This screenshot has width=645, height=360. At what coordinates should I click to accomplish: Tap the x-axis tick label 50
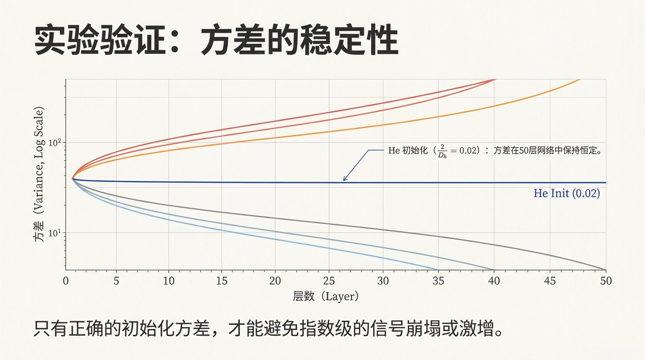(x=606, y=281)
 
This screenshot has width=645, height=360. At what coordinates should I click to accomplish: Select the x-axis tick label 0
(x=66, y=281)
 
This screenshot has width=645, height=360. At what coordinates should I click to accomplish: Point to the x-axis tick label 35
(x=439, y=281)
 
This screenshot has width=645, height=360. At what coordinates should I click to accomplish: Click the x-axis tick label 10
(x=169, y=281)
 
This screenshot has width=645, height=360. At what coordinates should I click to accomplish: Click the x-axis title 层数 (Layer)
(x=326, y=296)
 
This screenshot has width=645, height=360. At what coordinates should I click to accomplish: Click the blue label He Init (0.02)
(x=567, y=193)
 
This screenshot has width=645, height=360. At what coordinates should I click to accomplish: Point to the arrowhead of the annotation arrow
(x=344, y=180)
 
